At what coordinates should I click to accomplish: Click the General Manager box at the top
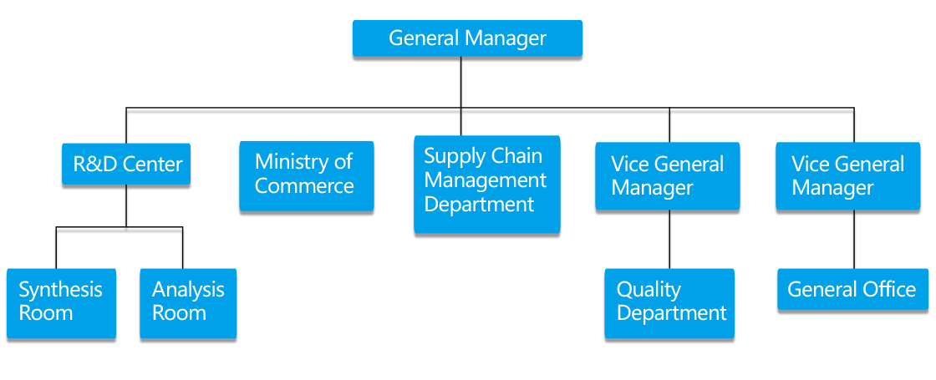[467, 38]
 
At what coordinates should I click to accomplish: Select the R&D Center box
[126, 164]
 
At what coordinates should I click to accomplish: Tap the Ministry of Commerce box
[306, 175]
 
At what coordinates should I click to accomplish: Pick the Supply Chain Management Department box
[486, 185]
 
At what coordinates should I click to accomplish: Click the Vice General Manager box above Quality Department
[667, 175]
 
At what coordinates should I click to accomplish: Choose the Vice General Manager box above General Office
[848, 175]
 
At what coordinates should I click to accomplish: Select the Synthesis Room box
[60, 302]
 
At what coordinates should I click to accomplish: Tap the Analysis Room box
[188, 302]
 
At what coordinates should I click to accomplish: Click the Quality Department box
[669, 302]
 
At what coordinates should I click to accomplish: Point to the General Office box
[852, 289]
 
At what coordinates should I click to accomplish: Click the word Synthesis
[60, 290]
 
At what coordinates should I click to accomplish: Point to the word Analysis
[188, 290]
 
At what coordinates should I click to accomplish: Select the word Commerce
[304, 186]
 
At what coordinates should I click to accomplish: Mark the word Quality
[649, 290]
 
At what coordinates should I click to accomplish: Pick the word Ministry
[292, 162]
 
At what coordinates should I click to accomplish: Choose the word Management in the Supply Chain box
[485, 180]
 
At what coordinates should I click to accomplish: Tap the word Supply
[453, 157]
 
